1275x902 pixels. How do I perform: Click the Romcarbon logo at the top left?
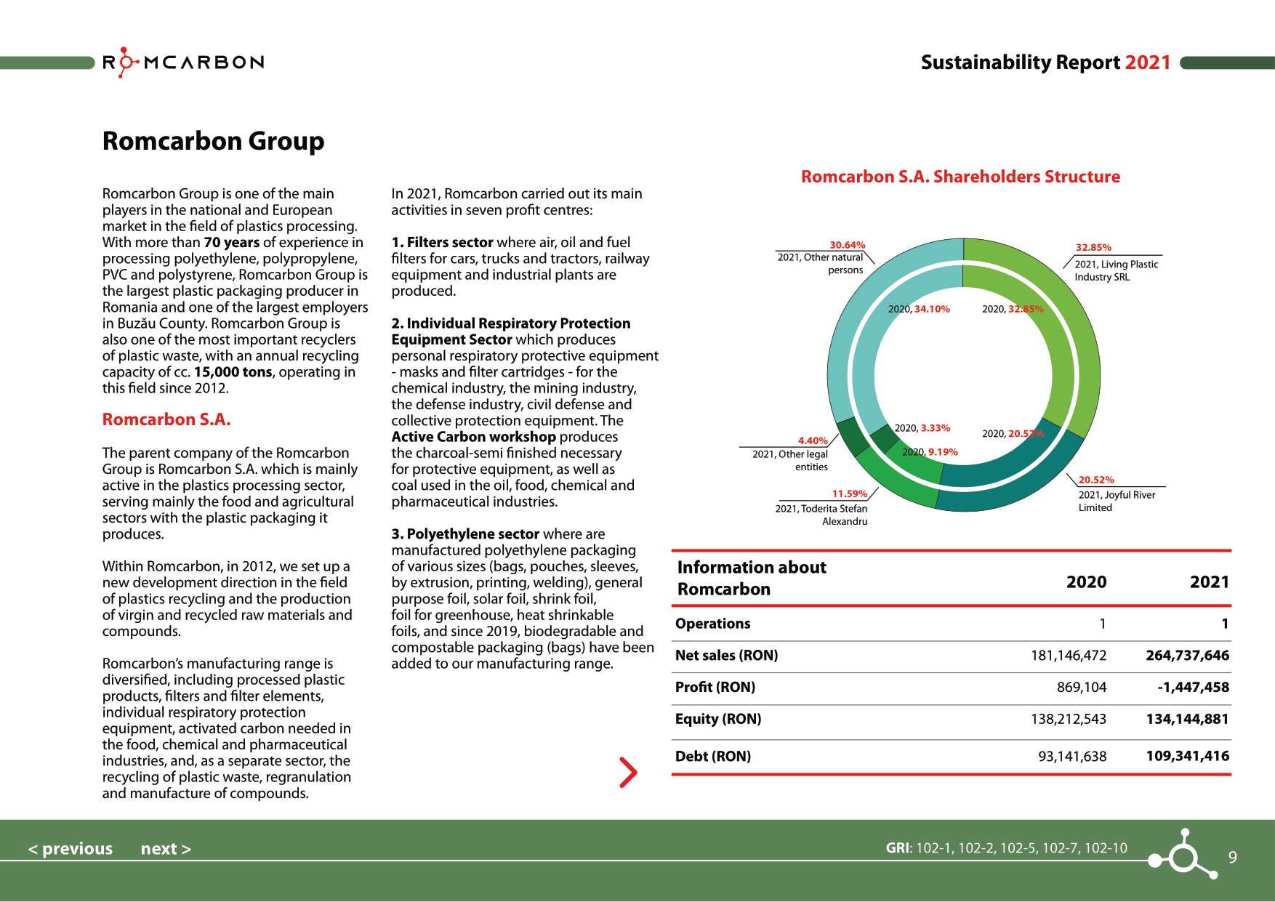point(183,63)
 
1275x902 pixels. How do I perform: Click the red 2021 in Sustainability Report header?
point(1147,63)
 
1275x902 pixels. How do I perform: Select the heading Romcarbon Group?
point(213,141)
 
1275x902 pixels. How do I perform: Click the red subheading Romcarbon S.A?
point(166,419)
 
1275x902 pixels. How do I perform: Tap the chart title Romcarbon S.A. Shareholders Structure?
point(960,177)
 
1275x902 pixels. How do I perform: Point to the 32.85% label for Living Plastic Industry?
point(1093,247)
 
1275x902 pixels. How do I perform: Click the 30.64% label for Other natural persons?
point(847,245)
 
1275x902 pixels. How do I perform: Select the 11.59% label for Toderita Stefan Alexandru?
point(849,494)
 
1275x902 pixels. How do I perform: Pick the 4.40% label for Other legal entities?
point(813,440)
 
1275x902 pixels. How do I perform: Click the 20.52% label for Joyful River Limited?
point(1095,480)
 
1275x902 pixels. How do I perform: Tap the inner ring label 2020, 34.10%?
point(919,309)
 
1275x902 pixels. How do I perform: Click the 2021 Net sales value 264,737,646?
point(1187,655)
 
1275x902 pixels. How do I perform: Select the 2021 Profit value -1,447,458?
point(1193,687)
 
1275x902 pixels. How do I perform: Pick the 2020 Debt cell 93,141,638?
point(1072,756)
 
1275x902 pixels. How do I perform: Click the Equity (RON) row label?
point(718,719)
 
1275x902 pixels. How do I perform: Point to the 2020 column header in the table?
point(1086,582)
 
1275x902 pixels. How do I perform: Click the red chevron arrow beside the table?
point(628,772)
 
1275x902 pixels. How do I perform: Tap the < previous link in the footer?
point(71,848)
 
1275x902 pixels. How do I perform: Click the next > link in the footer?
point(166,848)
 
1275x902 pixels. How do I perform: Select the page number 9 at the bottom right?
point(1232,857)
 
